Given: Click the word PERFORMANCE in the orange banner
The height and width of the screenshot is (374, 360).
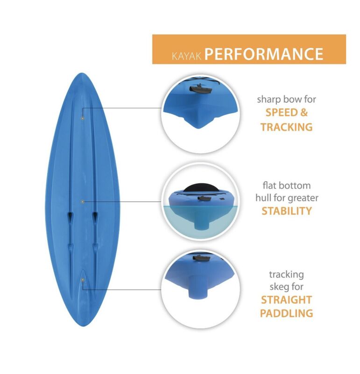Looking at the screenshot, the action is [x=264, y=54].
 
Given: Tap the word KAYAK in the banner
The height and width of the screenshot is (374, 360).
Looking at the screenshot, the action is [x=187, y=56].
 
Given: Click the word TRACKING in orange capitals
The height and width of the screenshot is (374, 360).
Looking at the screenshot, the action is [x=286, y=127].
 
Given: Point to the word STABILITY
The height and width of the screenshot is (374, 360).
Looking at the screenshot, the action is [x=287, y=211].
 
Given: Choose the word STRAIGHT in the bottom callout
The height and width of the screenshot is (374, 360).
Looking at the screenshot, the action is [x=286, y=300].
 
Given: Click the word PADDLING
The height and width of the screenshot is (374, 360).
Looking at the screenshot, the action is [x=286, y=313].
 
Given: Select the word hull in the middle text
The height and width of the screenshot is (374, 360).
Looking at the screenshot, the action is [x=263, y=197].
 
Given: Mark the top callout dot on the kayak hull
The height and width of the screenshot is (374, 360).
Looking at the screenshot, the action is [x=83, y=118].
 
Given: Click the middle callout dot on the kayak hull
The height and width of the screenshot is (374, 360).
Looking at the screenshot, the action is [x=83, y=202].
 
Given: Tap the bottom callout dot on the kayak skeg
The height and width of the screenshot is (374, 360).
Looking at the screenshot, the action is [x=83, y=280].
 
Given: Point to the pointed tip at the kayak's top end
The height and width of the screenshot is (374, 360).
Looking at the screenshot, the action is [x=82, y=73].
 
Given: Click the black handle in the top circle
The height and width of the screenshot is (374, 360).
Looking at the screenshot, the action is [x=200, y=89].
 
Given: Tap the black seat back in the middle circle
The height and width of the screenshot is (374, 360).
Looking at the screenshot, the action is [x=201, y=188].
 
